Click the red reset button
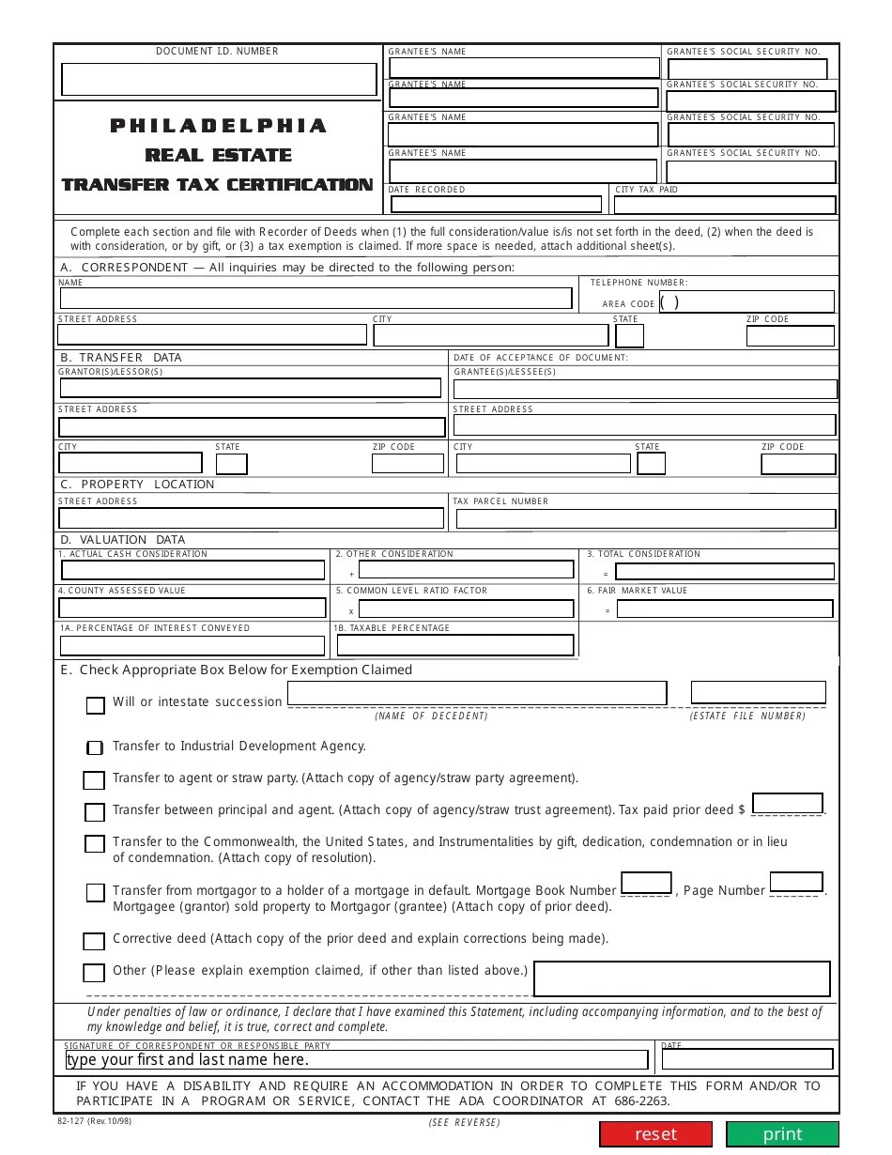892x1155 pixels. (x=655, y=1133)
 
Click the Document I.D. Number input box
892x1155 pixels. (x=219, y=80)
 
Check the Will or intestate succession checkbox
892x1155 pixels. (x=96, y=705)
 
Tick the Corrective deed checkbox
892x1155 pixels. (x=94, y=941)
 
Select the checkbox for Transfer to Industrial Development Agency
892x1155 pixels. (x=95, y=747)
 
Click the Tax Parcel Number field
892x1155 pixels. (x=644, y=518)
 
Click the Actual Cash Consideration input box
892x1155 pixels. (x=192, y=570)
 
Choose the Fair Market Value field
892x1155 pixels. (x=724, y=608)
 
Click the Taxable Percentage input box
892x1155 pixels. (x=454, y=645)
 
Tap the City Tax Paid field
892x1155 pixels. (x=725, y=205)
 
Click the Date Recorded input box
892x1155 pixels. (x=495, y=204)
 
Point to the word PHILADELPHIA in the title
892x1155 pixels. (x=218, y=126)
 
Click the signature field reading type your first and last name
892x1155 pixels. (x=357, y=1059)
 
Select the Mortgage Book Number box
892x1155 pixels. (x=646, y=883)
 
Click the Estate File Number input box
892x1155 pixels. (x=758, y=692)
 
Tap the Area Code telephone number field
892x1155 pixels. (x=746, y=301)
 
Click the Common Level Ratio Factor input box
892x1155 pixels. (x=466, y=608)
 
